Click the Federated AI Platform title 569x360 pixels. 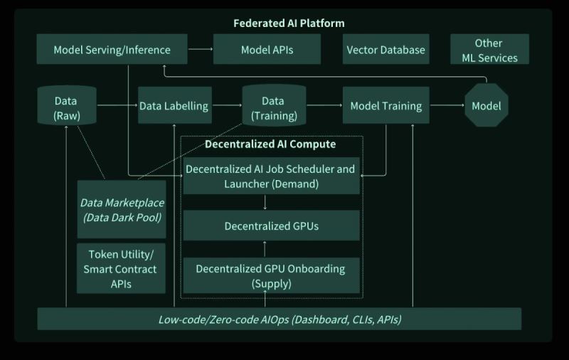289,23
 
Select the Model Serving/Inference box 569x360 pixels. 112,50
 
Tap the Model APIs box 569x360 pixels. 267,50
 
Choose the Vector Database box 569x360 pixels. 385,50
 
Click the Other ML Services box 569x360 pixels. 489,50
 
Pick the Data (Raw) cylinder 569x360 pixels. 66,106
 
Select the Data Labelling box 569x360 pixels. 174,106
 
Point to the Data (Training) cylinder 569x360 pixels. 274,106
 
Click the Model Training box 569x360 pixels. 385,106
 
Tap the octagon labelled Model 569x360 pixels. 486,106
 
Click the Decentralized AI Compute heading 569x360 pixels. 270,144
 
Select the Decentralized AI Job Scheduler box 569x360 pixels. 270,176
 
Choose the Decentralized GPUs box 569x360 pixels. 271,226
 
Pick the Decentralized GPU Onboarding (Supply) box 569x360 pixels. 270,276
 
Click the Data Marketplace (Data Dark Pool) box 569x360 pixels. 121,209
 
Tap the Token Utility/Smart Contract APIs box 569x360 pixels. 120,269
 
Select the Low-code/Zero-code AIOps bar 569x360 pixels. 279,319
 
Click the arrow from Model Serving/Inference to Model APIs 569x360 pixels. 201,49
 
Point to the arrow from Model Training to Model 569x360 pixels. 447,106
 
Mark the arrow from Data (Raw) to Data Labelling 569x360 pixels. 117,106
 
